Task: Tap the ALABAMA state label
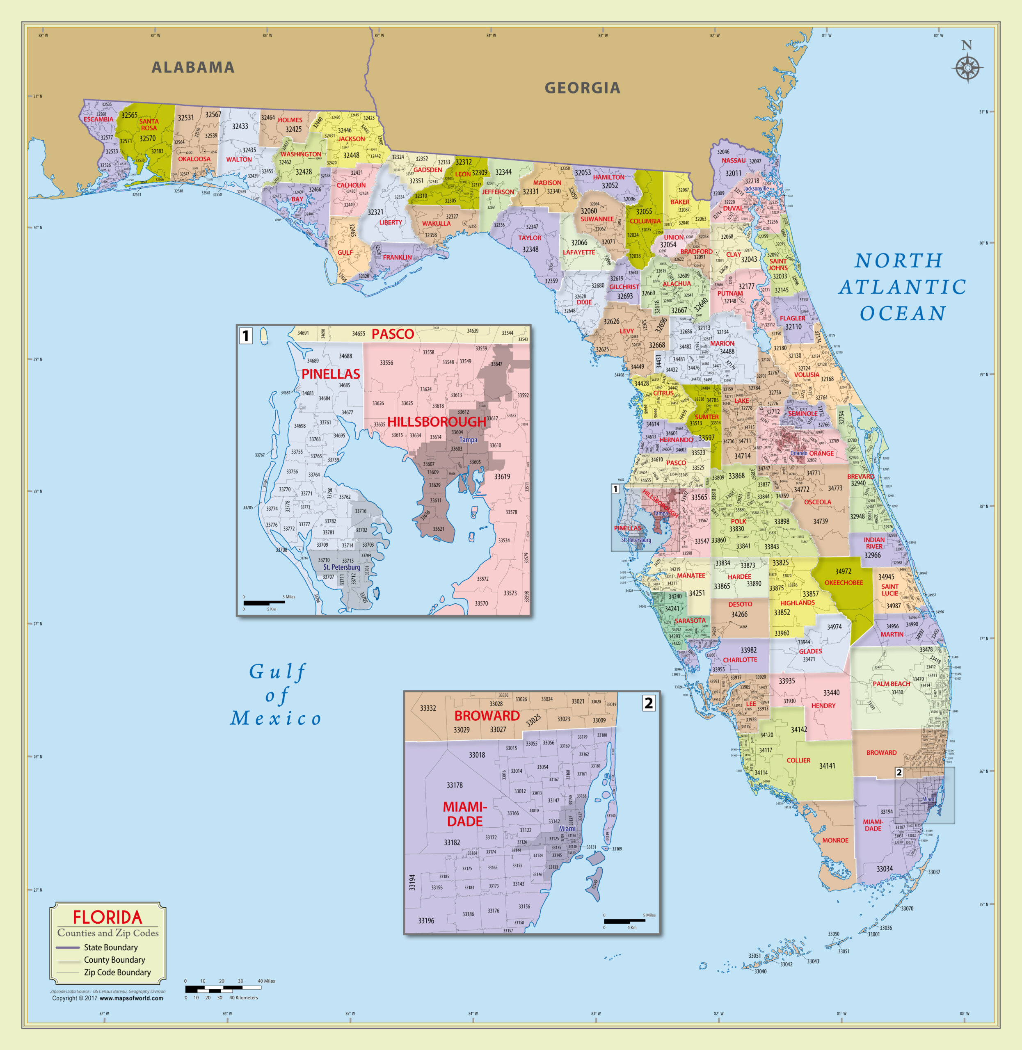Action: pos(193,68)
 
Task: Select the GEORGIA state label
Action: pos(583,88)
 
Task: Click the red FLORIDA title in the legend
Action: pos(107,917)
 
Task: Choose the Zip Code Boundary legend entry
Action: pos(117,972)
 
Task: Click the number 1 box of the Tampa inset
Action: pos(245,336)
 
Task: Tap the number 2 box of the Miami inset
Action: pos(648,703)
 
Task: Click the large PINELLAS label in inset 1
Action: pos(331,374)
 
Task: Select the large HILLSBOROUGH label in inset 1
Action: pos(437,422)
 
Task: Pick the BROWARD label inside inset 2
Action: pos(487,716)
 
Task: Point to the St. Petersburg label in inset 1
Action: pos(341,567)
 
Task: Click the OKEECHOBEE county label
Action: pos(844,583)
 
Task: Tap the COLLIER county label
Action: pos(799,760)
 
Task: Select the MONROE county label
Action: pos(835,840)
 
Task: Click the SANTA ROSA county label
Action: pos(149,124)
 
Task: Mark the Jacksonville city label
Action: pos(756,188)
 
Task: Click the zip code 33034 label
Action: pos(885,869)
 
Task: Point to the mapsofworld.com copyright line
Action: pos(107,998)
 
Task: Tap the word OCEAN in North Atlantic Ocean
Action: pos(903,313)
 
